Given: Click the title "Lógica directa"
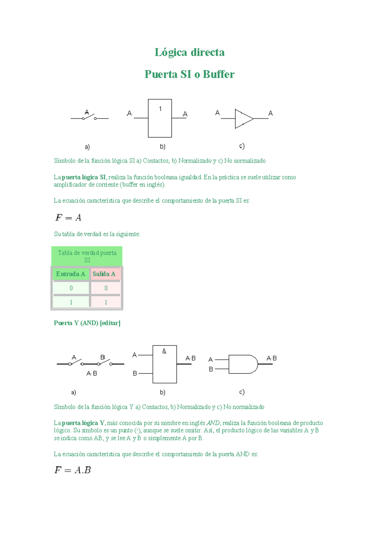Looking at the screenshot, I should click(x=189, y=52).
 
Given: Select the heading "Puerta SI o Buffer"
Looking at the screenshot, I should click(x=189, y=74).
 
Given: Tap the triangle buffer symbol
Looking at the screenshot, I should click(x=243, y=119).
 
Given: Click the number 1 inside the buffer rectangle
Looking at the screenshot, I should click(x=160, y=109).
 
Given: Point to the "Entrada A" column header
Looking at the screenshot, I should click(x=70, y=274).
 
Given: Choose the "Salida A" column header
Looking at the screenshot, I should click(x=104, y=274).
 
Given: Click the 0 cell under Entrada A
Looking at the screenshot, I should click(x=71, y=288).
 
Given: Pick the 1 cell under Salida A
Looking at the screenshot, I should click(x=106, y=302).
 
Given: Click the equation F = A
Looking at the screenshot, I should click(x=69, y=218).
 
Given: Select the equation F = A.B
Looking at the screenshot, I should click(x=73, y=470).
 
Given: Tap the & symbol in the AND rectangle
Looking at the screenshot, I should click(x=164, y=351).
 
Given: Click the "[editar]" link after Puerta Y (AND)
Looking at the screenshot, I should click(x=110, y=323).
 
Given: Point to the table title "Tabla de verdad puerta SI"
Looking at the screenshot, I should click(x=87, y=256).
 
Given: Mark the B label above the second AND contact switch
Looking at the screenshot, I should click(x=102, y=357).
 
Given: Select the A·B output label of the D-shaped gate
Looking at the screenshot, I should click(x=272, y=358).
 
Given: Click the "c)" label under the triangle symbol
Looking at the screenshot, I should click(x=242, y=146).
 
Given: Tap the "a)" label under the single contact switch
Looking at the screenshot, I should click(x=87, y=147).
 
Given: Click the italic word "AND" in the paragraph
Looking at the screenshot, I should click(x=213, y=423).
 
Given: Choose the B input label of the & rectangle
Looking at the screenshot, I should click(x=135, y=374).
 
